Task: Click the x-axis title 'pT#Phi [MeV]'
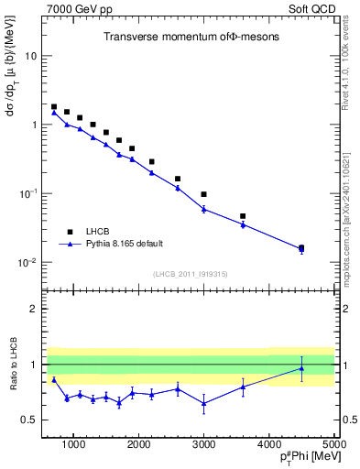303,459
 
